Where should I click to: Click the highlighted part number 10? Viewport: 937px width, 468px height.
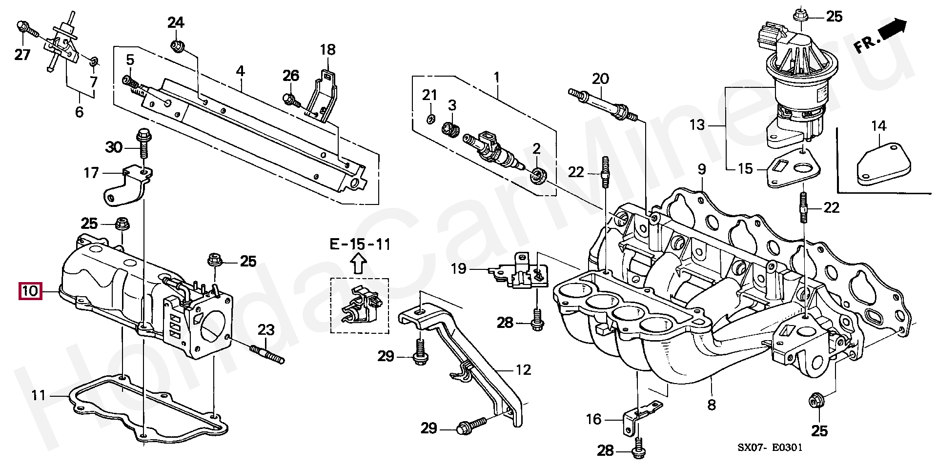(30, 291)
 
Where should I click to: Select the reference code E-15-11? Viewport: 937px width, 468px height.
(360, 244)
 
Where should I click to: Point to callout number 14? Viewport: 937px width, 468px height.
(878, 126)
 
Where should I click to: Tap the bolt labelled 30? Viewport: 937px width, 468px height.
(143, 142)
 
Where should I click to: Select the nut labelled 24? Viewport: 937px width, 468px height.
(177, 47)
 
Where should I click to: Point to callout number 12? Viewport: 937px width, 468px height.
(523, 370)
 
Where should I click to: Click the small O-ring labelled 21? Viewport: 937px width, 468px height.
(429, 119)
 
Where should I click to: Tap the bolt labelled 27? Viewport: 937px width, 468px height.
(26, 29)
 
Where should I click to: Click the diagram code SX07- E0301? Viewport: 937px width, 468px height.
(770, 448)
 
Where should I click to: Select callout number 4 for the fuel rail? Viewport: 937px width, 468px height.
(240, 71)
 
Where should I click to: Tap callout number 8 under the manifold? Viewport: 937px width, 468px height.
(712, 404)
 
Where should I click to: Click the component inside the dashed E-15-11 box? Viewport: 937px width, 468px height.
(362, 305)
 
